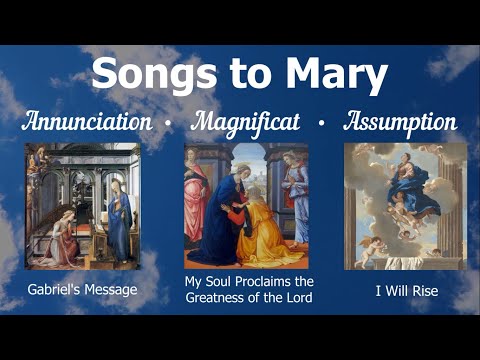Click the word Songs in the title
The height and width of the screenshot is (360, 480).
point(151,73)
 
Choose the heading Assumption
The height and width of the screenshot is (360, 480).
point(400,123)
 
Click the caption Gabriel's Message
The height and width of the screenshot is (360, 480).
point(82,291)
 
